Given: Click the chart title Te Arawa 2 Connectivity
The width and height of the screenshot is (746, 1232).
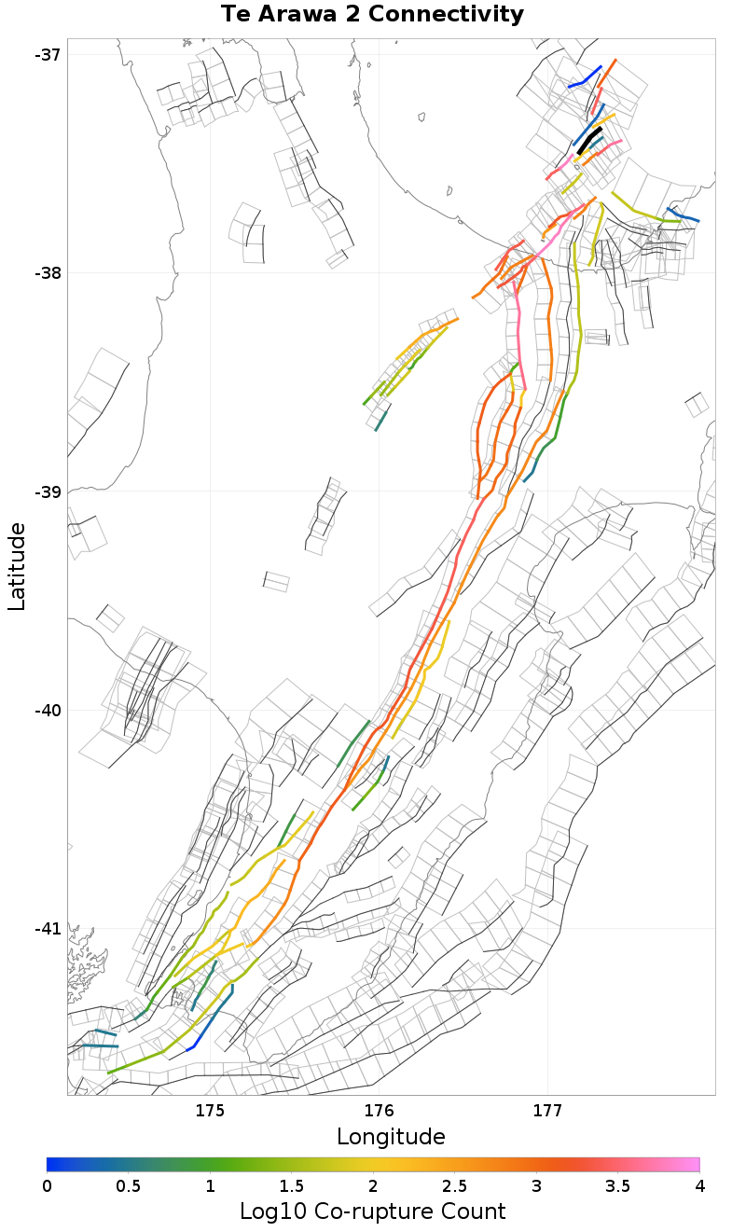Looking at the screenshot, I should pyautogui.click(x=372, y=15).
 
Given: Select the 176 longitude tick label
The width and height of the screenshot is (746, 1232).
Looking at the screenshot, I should pyautogui.click(x=379, y=1111).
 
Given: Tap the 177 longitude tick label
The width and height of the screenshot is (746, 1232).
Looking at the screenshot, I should pyautogui.click(x=546, y=1111).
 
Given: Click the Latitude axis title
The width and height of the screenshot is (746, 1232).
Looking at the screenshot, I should pyautogui.click(x=17, y=566).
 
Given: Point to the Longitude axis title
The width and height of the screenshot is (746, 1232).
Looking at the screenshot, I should pyautogui.click(x=391, y=1137).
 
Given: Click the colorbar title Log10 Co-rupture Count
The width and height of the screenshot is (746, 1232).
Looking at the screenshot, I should pyautogui.click(x=372, y=1211).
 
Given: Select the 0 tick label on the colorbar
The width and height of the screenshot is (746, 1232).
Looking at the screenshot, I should pyautogui.click(x=47, y=1185).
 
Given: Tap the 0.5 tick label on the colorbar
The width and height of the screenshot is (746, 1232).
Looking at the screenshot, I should pyautogui.click(x=129, y=1185).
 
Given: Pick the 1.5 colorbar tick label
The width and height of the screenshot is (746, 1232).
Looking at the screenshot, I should pyautogui.click(x=291, y=1185).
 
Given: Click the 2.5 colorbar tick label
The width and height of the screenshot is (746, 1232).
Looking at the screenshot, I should pyautogui.click(x=454, y=1185).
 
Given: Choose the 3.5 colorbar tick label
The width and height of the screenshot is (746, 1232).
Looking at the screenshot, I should pyautogui.click(x=617, y=1185).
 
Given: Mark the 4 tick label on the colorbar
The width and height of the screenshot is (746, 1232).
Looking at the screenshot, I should pyautogui.click(x=698, y=1185).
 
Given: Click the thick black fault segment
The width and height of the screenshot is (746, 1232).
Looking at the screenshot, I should pyautogui.click(x=589, y=140).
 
